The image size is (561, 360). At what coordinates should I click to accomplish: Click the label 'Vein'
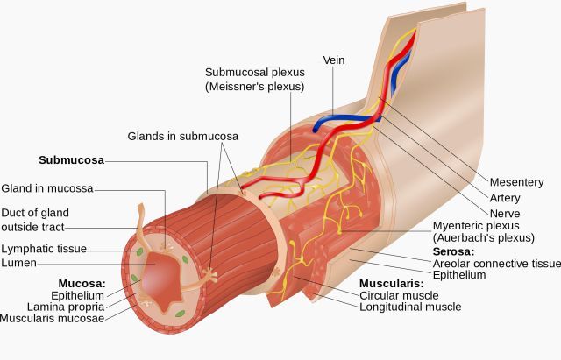pyautogui.click(x=334, y=60)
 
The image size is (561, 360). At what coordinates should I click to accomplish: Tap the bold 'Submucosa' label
pyautogui.click(x=72, y=160)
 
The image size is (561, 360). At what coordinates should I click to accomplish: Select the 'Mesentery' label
pyautogui.click(x=516, y=182)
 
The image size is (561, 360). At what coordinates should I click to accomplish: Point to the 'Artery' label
pyautogui.click(x=505, y=198)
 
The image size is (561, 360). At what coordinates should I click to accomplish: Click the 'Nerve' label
pyautogui.click(x=505, y=214)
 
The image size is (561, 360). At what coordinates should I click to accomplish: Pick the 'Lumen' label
pyautogui.click(x=19, y=263)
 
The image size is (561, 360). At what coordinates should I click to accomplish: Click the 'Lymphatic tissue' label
pyautogui.click(x=44, y=249)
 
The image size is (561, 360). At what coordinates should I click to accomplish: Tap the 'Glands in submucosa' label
pyautogui.click(x=183, y=137)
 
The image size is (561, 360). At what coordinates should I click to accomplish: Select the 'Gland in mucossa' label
pyautogui.click(x=47, y=188)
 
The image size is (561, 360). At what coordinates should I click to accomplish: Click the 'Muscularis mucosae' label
pyautogui.click(x=53, y=319)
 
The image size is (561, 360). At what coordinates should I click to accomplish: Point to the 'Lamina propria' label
pyautogui.click(x=66, y=307)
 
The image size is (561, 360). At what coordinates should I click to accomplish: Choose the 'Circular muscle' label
pyautogui.click(x=399, y=296)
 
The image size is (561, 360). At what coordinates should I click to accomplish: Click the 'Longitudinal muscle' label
pyautogui.click(x=410, y=307)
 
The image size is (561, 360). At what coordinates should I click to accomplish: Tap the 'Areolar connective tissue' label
pyautogui.click(x=497, y=264)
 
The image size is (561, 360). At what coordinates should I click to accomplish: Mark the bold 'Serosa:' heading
pyautogui.click(x=454, y=251)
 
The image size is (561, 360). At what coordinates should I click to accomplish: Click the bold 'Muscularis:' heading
pyautogui.click(x=392, y=284)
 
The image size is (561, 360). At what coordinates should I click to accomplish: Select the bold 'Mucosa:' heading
pyautogui.click(x=82, y=284)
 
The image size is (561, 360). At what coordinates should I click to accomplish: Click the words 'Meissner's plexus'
pyautogui.click(x=255, y=87)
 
